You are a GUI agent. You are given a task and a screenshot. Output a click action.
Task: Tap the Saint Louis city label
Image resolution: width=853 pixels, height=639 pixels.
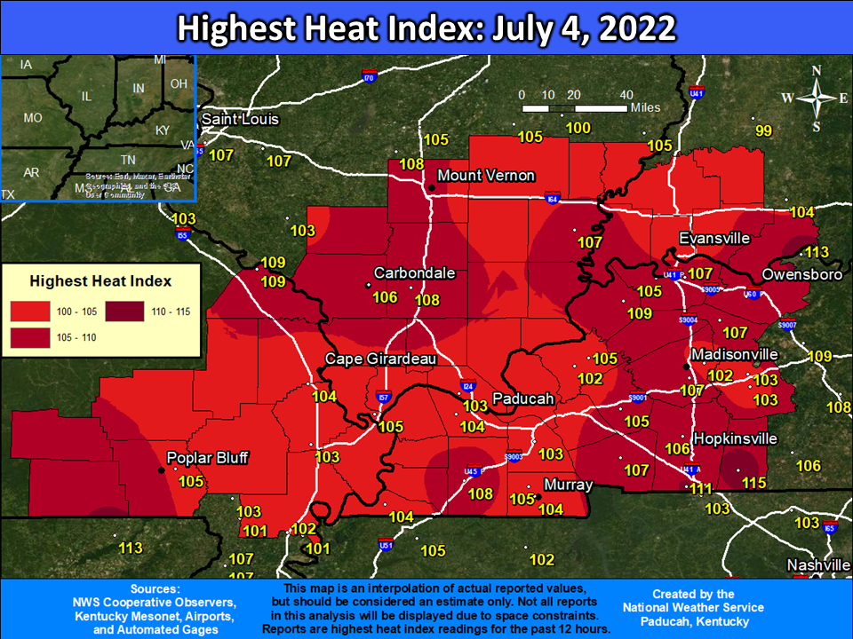click(240, 119)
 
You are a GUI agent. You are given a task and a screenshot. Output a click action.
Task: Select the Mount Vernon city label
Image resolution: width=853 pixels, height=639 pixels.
click(486, 175)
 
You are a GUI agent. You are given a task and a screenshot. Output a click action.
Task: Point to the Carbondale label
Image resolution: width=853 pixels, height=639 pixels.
click(414, 272)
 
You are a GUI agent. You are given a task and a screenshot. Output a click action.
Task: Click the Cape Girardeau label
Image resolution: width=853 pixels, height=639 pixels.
click(379, 359)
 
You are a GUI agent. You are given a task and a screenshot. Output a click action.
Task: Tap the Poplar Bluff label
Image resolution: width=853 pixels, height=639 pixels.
click(207, 458)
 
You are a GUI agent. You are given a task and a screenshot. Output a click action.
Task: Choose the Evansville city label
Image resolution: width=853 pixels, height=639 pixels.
click(714, 239)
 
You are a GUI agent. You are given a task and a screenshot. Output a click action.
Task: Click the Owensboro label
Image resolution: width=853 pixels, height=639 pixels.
click(801, 274)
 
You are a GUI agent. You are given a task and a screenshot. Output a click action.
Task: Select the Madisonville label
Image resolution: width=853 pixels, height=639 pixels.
click(734, 354)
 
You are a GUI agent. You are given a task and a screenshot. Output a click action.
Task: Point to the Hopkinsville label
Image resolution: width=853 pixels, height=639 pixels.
click(735, 438)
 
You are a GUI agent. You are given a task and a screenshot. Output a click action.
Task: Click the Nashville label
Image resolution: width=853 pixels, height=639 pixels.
click(818, 565)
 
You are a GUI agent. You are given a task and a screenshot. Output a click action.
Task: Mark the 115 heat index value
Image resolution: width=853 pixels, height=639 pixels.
click(753, 483)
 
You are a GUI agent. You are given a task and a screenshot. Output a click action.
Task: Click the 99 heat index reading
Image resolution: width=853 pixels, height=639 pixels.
click(763, 131)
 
